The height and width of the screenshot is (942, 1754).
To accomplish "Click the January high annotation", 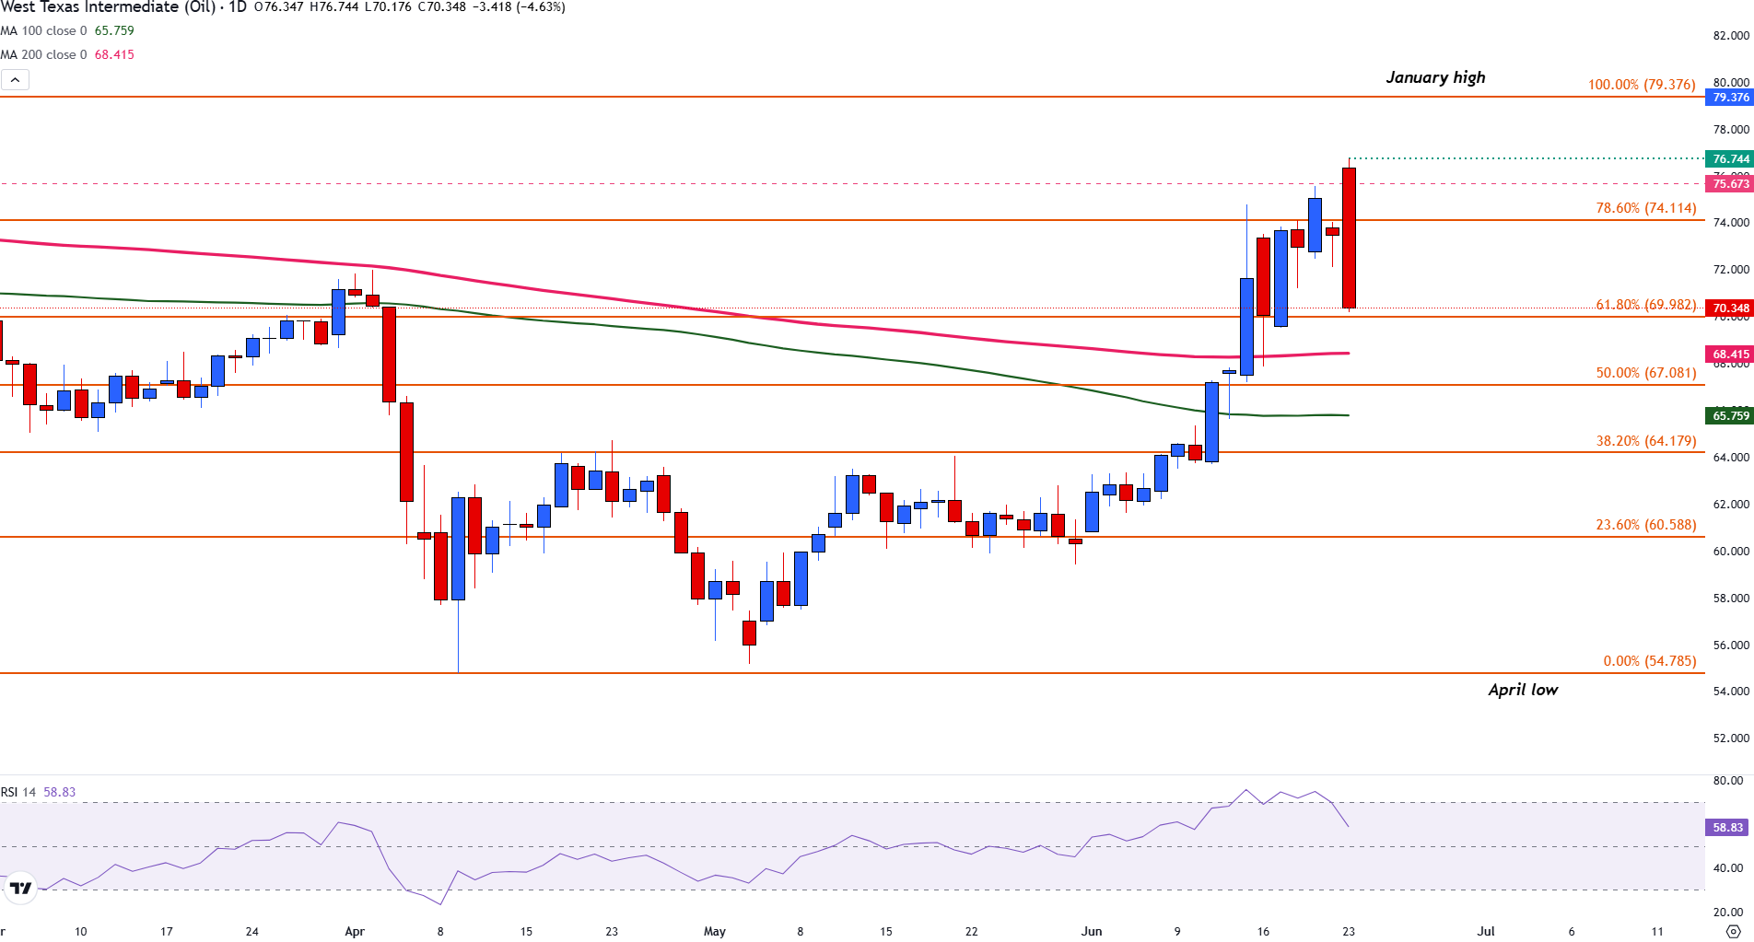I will pos(1435,77).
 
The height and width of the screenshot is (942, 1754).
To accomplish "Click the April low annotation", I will pos(1523,690).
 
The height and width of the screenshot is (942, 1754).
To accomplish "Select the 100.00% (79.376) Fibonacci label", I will pos(1641,85).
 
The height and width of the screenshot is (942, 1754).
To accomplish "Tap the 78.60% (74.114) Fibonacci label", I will pos(1645,208).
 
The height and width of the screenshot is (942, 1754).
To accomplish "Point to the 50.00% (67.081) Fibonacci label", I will pos(1645,373).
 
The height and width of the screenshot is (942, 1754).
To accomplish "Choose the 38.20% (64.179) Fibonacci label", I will pos(1645,441).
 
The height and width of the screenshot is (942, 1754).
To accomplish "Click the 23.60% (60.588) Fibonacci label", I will pos(1645,525).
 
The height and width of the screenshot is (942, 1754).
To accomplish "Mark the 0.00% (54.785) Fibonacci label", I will pos(1649,661).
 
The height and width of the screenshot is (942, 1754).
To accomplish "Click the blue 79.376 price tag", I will pos(1730,98).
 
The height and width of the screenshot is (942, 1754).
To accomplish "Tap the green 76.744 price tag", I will pos(1730,159).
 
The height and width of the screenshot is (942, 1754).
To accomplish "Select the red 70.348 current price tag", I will pos(1730,308).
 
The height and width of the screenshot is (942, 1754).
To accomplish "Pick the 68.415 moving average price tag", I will pos(1730,355).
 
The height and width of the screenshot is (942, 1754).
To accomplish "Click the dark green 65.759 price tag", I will pos(1730,416).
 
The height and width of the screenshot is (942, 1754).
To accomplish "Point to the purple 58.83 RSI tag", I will pos(1727,828).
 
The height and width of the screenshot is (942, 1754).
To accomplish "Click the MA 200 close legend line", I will pos(67,54).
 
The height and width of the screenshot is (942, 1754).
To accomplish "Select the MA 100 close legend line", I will pos(67,30).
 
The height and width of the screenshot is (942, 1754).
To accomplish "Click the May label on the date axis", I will pos(715,931).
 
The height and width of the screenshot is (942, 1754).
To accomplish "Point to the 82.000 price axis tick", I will pos(1730,36).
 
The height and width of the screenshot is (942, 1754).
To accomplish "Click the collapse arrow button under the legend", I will pos(16,80).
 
